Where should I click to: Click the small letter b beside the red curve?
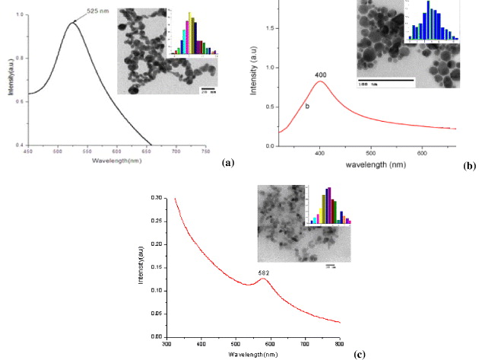pyautogui.click(x=306, y=105)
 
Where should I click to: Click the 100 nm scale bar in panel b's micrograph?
pyautogui.click(x=385, y=80)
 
